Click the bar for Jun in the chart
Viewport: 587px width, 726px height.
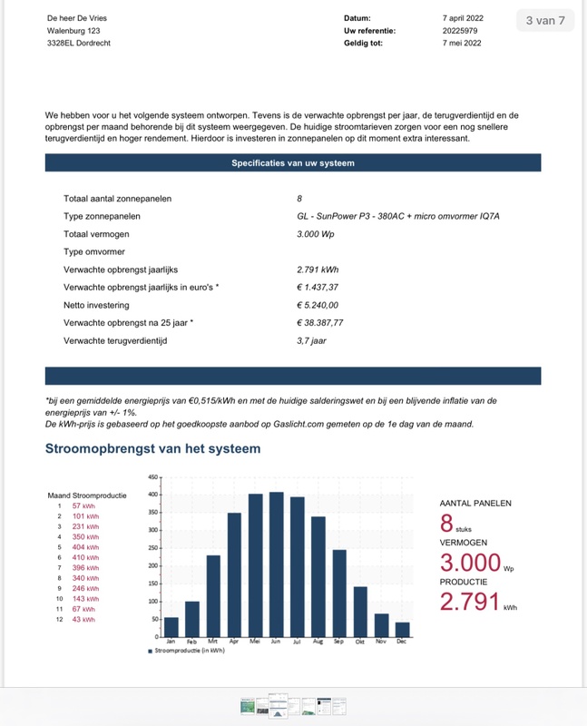coord(277,564)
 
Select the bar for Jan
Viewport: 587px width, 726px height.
coord(171,626)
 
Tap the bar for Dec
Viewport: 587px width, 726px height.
coord(403,629)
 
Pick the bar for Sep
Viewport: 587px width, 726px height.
coord(339,594)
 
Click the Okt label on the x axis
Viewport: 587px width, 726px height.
coord(360,642)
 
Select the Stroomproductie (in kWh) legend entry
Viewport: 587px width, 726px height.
coord(190,651)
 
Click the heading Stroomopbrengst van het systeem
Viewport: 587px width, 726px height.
coord(152,448)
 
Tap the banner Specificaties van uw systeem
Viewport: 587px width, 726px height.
coord(293,163)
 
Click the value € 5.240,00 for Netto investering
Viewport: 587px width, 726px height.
coord(318,305)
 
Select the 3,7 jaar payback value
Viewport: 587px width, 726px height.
coord(311,340)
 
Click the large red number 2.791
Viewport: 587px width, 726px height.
coord(470,602)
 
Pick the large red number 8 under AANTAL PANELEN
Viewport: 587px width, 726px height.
coord(446,525)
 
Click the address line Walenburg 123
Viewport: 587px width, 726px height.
coord(73,31)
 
